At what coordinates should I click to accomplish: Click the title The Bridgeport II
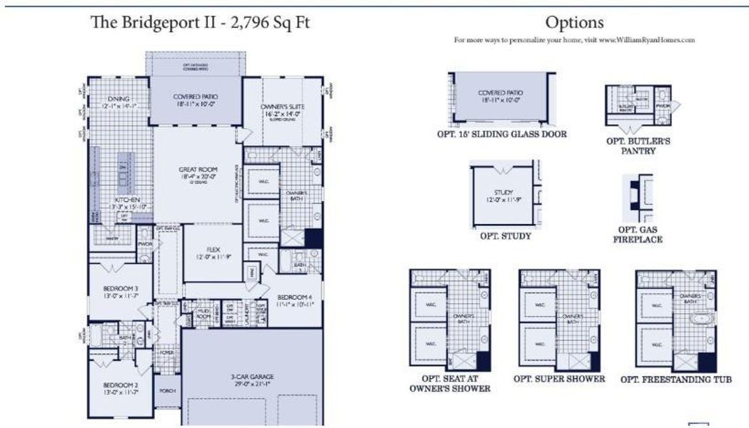pos(199,23)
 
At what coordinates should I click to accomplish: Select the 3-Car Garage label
pos(251,377)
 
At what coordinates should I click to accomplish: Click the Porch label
pos(167,390)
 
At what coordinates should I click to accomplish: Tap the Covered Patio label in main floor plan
pos(196,96)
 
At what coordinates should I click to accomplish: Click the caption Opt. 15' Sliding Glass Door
pos(502,134)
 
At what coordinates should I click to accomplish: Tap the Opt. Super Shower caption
pos(559,378)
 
